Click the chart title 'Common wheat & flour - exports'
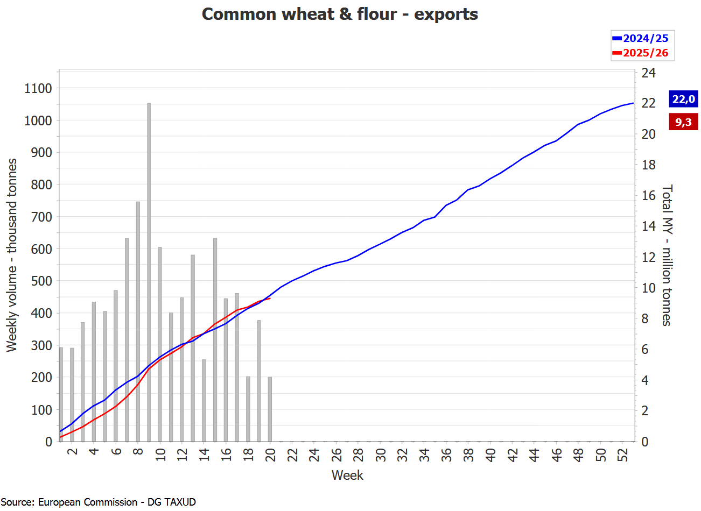click(x=340, y=14)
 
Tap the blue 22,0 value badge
click(x=683, y=99)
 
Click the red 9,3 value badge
click(x=683, y=122)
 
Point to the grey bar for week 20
click(x=270, y=409)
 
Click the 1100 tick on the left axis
click(x=38, y=88)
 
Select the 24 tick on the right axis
click(x=648, y=73)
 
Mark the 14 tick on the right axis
click(x=648, y=226)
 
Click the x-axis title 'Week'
click(x=347, y=475)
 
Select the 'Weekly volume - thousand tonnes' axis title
click(x=12, y=256)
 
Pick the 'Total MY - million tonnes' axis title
click(x=667, y=256)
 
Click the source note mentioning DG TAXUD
click(x=98, y=502)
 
